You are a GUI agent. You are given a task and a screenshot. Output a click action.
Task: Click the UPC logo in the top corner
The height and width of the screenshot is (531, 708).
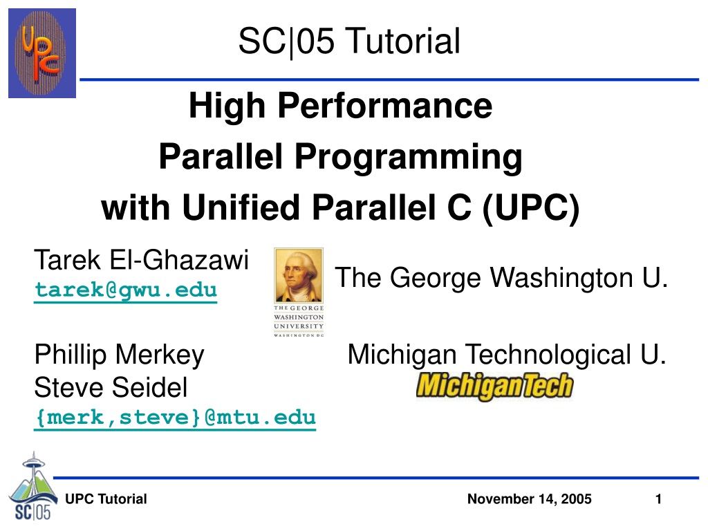click(42, 53)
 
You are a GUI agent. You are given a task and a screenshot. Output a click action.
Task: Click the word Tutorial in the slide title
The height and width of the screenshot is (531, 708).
click(404, 41)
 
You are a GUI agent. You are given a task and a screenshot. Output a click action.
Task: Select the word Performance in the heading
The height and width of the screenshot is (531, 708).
click(384, 106)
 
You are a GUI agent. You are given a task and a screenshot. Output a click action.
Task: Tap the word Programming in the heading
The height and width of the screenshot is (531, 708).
click(409, 158)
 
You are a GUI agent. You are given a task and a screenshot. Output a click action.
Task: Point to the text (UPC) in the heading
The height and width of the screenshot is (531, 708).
click(531, 208)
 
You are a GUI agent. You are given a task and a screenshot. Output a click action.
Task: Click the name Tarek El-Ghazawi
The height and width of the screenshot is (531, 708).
click(141, 260)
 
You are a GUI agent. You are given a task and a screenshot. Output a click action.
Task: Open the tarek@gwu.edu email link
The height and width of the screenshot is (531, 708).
click(126, 290)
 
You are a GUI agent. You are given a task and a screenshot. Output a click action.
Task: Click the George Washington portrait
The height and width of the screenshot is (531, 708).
click(299, 275)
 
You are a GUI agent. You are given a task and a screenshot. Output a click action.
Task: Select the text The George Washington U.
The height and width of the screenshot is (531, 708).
click(501, 277)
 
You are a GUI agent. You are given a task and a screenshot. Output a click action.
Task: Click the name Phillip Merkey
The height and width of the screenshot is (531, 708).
click(120, 355)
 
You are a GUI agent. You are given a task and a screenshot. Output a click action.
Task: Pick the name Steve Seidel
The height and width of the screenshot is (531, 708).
click(111, 387)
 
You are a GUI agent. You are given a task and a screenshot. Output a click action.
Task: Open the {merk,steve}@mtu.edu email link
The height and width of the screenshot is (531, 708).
click(175, 418)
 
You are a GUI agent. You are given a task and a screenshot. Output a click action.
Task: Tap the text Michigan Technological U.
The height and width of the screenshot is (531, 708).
click(507, 355)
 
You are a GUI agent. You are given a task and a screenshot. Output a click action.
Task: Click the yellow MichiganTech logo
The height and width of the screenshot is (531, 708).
click(494, 386)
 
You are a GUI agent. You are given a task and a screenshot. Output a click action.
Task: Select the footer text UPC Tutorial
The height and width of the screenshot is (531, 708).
click(106, 499)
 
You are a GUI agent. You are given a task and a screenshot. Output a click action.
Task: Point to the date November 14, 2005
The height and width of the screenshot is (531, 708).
click(529, 499)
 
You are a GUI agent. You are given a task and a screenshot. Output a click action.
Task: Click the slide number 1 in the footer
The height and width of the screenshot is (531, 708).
click(658, 499)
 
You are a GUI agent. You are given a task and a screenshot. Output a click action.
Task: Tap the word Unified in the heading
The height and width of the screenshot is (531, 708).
click(241, 208)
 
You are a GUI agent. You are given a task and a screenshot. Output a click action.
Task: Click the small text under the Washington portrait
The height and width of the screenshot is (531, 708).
click(299, 321)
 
